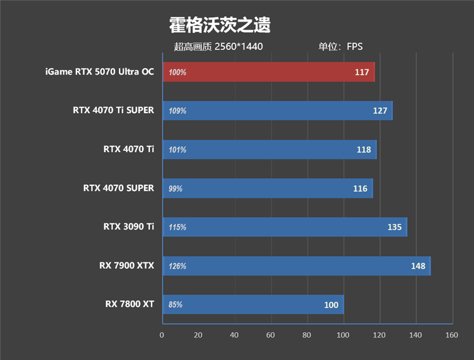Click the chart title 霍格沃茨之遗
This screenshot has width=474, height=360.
[x=220, y=25]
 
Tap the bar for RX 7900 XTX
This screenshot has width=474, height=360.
[x=296, y=266]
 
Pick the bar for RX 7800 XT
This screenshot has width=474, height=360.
[x=252, y=304]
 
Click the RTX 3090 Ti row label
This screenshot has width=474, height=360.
[x=129, y=227]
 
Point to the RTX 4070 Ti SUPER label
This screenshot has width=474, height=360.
[x=113, y=111]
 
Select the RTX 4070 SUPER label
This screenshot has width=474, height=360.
[x=118, y=188]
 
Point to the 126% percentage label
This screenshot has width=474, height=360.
[x=177, y=266]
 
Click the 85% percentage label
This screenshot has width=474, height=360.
[x=175, y=305]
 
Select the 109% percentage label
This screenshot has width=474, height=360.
[x=177, y=111]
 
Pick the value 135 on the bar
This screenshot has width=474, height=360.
[x=394, y=227]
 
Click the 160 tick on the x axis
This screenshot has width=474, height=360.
[x=452, y=335]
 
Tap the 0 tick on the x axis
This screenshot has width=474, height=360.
[x=162, y=335]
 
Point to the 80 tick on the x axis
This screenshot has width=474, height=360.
[x=307, y=335]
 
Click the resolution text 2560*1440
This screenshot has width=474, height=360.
[x=239, y=47]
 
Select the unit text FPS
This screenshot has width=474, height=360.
[x=355, y=47]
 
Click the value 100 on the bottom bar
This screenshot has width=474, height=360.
[x=331, y=305]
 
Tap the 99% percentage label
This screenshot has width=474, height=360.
[x=175, y=189]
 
